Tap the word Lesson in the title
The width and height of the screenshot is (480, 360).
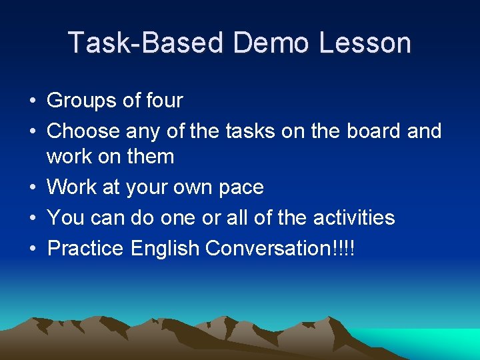point(365,43)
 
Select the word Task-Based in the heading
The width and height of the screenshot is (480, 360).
point(145,43)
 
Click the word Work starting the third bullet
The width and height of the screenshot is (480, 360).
point(72,187)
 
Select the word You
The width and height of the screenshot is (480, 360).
point(65,217)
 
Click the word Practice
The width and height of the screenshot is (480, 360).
point(85,248)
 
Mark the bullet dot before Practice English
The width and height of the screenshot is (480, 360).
point(32,249)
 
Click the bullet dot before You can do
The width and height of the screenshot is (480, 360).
point(32,219)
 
